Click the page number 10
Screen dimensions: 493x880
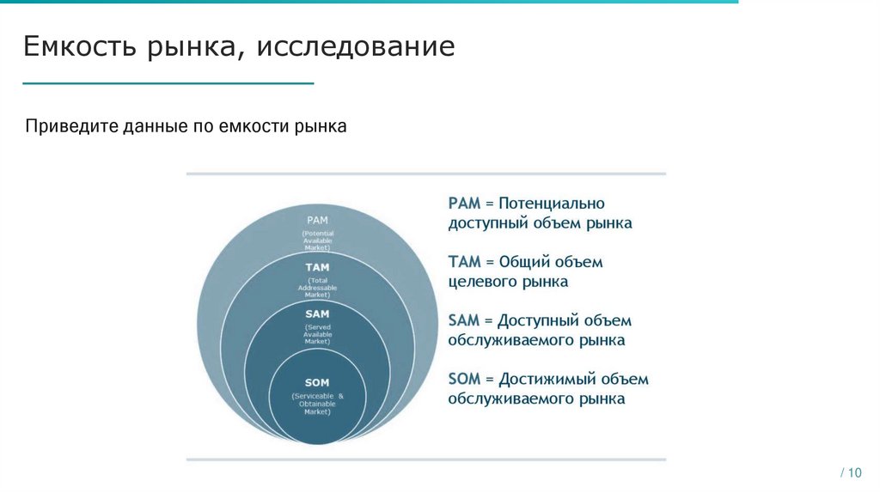coord(853,473)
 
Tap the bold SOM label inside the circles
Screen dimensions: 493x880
coord(317,382)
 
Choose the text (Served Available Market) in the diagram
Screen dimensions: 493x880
coord(318,334)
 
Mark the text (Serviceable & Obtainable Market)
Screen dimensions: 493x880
coord(317,403)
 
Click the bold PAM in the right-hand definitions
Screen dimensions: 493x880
coord(464,204)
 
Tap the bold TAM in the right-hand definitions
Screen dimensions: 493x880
coord(463,262)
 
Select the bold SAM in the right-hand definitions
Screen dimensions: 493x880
coord(463,320)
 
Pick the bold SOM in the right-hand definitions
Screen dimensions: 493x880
coord(464,379)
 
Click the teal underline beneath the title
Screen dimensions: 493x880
coord(168,83)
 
